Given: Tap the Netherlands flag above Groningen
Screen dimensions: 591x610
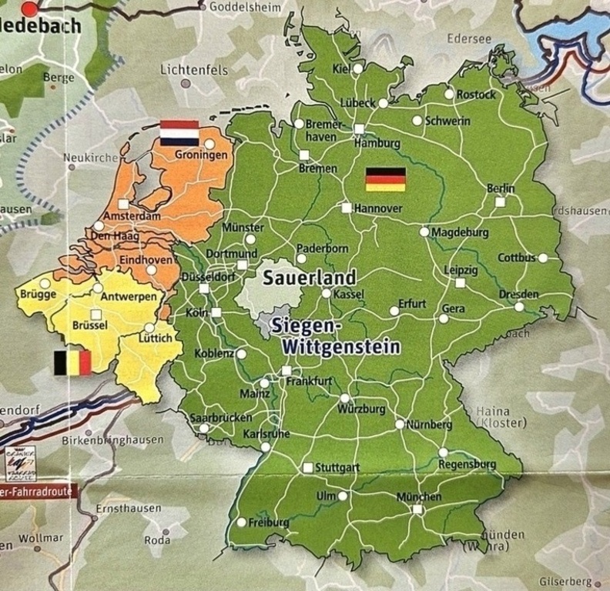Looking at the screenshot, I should pyautogui.click(x=179, y=133).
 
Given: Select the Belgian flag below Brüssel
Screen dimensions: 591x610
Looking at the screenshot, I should pyautogui.click(x=72, y=362).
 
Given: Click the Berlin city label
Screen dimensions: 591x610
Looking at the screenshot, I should pyautogui.click(x=501, y=189).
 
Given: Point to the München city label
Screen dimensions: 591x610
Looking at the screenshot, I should pyautogui.click(x=419, y=497).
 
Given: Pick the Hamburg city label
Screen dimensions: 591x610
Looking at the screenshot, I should pyautogui.click(x=377, y=143).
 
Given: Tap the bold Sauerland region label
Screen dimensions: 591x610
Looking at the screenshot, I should pyautogui.click(x=310, y=278).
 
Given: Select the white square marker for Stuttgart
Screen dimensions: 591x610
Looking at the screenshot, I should pyautogui.click(x=307, y=467).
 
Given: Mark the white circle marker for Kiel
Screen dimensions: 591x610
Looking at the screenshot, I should pyautogui.click(x=357, y=68).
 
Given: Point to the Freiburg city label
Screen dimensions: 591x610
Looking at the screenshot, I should pyautogui.click(x=268, y=523).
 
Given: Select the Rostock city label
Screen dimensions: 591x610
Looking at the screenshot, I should pyautogui.click(x=476, y=95).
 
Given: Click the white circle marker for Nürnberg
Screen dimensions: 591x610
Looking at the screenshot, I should pyautogui.click(x=400, y=424).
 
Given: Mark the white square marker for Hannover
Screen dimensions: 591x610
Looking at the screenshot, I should pyautogui.click(x=347, y=208).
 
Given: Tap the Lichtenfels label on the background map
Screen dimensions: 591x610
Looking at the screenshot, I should pyautogui.click(x=194, y=70).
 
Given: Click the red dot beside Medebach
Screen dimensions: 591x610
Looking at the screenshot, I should pyautogui.click(x=29, y=9).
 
